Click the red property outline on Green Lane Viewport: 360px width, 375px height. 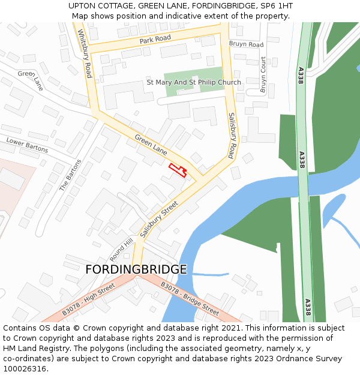pos(177,170)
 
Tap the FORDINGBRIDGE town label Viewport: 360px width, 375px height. pos(136,269)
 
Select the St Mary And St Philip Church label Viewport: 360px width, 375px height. pos(194,82)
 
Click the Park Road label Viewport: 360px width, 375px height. pos(155,39)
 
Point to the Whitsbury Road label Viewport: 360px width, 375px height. pos(83,55)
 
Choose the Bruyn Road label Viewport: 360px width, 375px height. pos(246,44)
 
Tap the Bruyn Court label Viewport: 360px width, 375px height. pos(263,74)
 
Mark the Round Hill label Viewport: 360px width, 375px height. pos(121,249)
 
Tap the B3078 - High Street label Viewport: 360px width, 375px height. pos(88,300)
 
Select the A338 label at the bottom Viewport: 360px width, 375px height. pos(307,307)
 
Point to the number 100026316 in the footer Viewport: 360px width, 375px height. pos(25,368)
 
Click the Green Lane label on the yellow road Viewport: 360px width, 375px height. pos(151,145)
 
